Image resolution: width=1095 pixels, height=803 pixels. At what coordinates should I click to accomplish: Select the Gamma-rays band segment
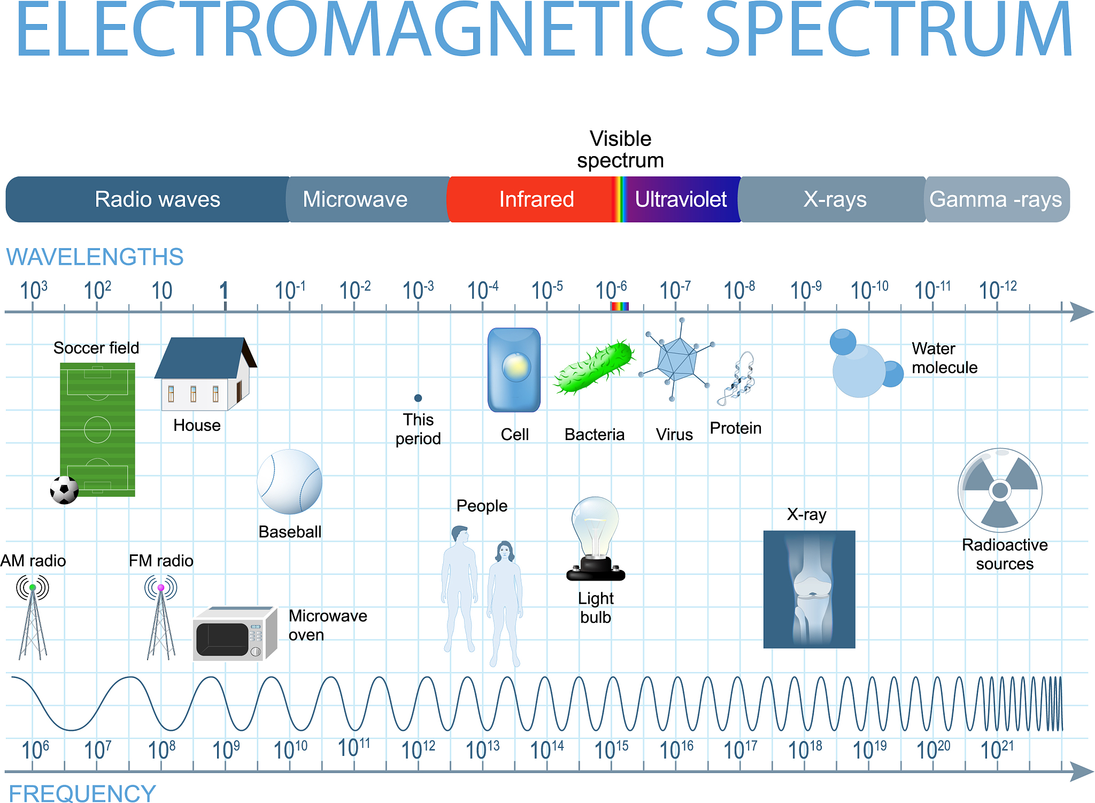click(x=997, y=199)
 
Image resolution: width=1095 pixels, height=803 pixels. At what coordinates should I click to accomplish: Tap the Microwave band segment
click(x=368, y=199)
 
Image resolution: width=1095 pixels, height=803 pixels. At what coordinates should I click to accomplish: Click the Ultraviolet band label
click(x=681, y=199)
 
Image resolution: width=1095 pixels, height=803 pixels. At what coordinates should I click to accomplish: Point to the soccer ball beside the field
click(x=64, y=490)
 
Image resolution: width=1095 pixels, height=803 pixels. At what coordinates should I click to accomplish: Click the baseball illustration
click(x=289, y=482)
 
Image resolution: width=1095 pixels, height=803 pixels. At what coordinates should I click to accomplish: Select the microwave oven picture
click(x=235, y=634)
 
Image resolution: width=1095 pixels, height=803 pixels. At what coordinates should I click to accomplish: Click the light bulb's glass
click(x=595, y=527)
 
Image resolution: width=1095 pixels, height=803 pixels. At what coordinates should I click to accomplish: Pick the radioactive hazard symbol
click(x=1000, y=490)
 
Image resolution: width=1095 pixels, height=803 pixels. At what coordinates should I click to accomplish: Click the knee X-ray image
click(x=809, y=589)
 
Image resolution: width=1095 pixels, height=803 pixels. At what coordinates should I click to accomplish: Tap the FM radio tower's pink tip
click(x=161, y=588)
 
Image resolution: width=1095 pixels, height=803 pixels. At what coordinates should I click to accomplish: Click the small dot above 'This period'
click(x=418, y=398)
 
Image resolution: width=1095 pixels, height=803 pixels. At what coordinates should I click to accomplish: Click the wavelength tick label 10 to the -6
click(x=611, y=290)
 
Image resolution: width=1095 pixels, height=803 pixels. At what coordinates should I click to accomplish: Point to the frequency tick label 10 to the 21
click(x=997, y=750)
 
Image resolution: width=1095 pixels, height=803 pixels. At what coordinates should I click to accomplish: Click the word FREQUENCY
click(x=82, y=793)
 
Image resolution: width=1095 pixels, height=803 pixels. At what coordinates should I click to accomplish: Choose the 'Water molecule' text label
click(x=944, y=358)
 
